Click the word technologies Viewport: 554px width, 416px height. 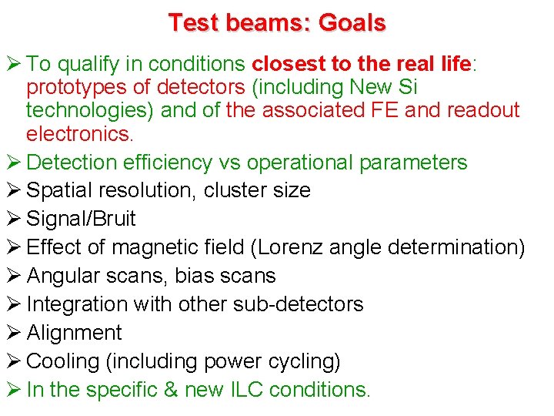coord(91,110)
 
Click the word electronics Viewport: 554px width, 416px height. coord(79,134)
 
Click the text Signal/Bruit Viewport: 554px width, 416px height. coord(81,219)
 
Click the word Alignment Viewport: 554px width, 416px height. coord(74,333)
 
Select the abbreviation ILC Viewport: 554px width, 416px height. coord(249,390)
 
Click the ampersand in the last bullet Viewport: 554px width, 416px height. coord(169,390)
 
